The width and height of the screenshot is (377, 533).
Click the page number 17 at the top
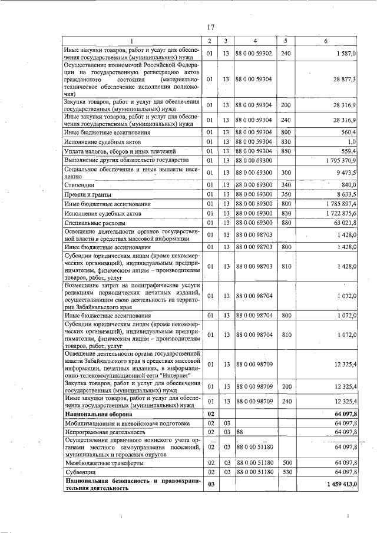210,26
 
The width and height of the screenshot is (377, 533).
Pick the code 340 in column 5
286,185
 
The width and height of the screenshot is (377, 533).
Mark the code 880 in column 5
286,223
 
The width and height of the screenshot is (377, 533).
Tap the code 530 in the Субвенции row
286,472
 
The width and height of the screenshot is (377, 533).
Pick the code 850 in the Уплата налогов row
286,151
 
